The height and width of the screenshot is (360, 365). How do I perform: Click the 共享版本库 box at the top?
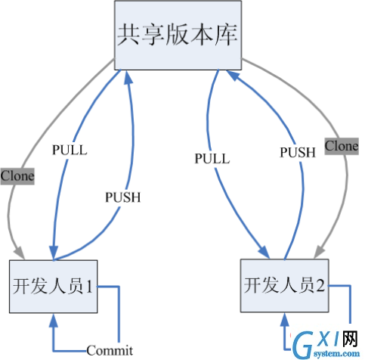pos(178,35)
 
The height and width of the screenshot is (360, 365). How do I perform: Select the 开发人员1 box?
pos(54,287)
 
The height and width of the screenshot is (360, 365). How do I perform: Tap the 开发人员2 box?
pos(285,286)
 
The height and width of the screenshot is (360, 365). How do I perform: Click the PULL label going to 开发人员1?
pos(70,150)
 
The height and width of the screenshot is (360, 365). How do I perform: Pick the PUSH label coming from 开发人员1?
pos(123,197)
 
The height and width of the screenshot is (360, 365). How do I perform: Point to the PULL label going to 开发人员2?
pos(212,159)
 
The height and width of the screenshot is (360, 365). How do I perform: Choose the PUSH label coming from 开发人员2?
pos(298,152)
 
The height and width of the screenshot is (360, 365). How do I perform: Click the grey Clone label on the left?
pos(17,176)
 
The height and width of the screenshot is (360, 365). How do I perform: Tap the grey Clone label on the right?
pos(342,146)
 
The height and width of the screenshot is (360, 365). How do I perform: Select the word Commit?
pos(110,350)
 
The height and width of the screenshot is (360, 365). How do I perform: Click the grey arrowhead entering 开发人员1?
pos(19,253)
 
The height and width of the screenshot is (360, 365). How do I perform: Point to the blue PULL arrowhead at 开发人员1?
pos(54,253)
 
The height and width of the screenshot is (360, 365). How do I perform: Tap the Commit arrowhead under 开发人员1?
pos(54,320)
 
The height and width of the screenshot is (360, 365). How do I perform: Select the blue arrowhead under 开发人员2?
pos(285,319)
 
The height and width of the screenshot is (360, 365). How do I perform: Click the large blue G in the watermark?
pos(303,345)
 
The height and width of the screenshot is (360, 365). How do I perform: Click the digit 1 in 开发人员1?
pos(89,287)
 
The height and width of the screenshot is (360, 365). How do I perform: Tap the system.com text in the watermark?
pos(336,354)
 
